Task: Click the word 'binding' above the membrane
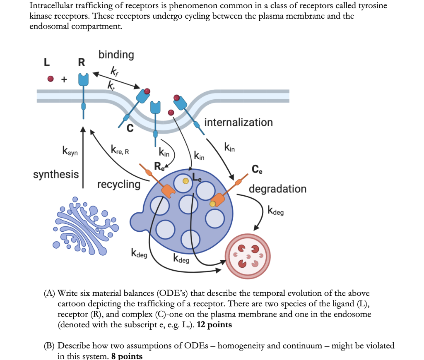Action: [x=116, y=55]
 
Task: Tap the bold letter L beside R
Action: [x=47, y=62]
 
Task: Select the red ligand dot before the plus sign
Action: [x=51, y=79]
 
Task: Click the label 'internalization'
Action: [x=238, y=122]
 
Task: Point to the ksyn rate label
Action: [x=70, y=151]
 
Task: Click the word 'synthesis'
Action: [x=56, y=175]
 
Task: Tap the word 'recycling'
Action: [x=119, y=184]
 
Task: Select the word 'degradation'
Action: [x=277, y=189]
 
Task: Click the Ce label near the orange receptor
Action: [x=257, y=169]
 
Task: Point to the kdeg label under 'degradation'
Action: [x=276, y=211]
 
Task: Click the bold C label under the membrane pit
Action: [x=130, y=129]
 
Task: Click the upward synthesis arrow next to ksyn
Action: [x=82, y=157]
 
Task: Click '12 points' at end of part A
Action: [x=214, y=325]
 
